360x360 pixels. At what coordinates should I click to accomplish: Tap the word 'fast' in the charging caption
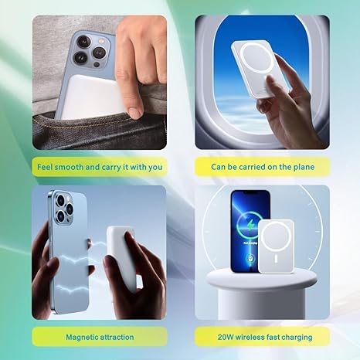coord(275,338)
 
